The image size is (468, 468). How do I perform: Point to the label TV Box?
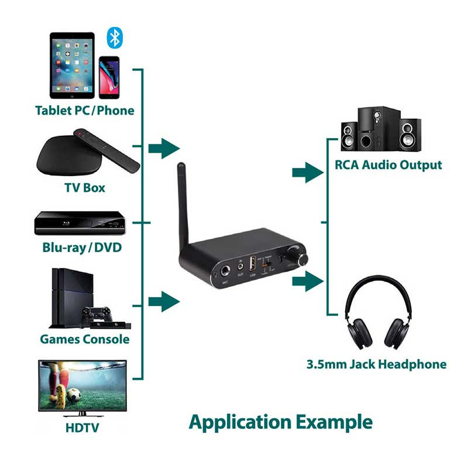coord(84,188)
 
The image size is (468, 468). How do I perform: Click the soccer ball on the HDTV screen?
coord(74,395)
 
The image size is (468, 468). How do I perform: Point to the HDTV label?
coord(82,428)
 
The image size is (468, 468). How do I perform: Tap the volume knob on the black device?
coord(304,259)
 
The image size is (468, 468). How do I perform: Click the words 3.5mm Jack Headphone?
coord(376,364)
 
